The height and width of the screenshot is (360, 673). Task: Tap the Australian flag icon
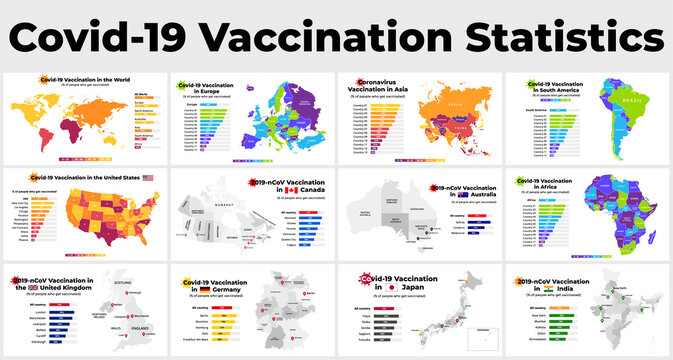tap(436, 196)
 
